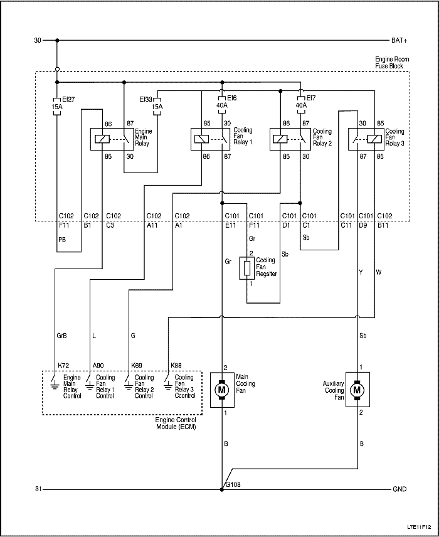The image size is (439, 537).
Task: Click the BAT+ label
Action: (x=399, y=40)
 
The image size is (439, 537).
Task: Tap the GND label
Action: (x=399, y=489)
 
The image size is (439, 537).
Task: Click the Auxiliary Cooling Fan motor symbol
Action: (x=357, y=390)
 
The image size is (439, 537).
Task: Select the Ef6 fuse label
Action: (x=231, y=98)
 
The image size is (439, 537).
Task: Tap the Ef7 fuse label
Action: (x=310, y=98)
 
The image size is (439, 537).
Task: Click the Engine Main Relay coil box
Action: (x=102, y=139)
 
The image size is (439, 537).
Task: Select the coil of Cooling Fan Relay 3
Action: (x=374, y=139)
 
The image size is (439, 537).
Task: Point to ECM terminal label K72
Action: (x=63, y=365)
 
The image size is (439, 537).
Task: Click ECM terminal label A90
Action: (x=98, y=365)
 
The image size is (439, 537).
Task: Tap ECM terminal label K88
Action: (x=176, y=365)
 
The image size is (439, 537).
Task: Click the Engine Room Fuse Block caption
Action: (x=385, y=62)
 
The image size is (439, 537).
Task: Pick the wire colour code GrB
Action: (x=62, y=336)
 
